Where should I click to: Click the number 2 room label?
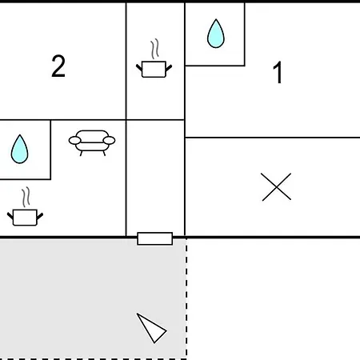58,66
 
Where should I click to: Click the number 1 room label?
278,73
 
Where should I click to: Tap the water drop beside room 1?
216,34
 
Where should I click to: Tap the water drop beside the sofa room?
19,149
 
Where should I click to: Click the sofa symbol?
92,142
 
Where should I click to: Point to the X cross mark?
276,186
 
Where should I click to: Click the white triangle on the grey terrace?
151,328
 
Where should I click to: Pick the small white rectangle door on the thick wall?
155,238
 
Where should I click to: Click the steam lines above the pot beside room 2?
155,49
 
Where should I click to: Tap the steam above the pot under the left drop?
26,197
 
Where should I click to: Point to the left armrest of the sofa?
74,140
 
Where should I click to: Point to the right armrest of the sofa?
109,140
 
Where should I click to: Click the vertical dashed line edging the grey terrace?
186,298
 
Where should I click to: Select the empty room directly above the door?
155,178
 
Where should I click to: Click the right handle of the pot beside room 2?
169,68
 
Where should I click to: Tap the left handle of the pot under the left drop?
10,216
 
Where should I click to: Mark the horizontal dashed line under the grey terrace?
94,359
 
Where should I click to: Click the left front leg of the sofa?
81,154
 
